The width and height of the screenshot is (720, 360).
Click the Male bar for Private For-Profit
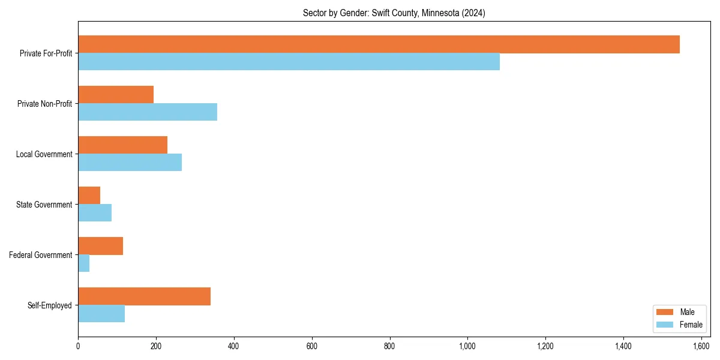tap(379, 44)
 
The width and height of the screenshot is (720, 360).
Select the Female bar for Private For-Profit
tap(289, 62)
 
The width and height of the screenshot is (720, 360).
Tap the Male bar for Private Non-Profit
tap(116, 95)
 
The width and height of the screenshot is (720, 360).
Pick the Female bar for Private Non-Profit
tap(148, 112)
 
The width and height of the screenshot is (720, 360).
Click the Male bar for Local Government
tap(122, 145)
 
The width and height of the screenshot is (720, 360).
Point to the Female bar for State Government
tap(95, 213)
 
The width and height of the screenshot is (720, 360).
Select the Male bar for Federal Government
tap(100, 246)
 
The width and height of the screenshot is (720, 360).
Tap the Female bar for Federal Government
tap(84, 263)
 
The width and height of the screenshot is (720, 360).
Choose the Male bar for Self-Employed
tap(144, 296)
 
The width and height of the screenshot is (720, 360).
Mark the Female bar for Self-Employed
tap(101, 314)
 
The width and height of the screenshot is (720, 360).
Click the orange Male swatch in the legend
tap(665, 312)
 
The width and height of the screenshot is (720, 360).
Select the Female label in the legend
tap(691, 325)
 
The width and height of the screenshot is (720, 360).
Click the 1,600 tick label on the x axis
tap(701, 346)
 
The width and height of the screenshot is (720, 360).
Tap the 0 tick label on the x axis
tap(78, 346)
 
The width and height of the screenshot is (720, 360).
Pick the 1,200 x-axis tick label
tap(545, 346)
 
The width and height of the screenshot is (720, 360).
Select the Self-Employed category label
tap(50, 305)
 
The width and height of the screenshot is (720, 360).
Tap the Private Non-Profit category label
tap(46, 104)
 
